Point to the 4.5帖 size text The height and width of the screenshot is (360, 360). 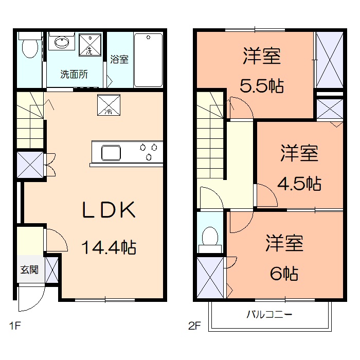(x=300, y=183)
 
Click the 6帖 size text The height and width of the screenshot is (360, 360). (x=284, y=273)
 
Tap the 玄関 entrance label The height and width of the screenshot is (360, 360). (x=29, y=269)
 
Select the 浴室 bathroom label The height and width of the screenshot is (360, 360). (x=119, y=59)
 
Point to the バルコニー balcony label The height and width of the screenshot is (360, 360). (x=269, y=314)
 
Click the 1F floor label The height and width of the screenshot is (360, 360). (x=14, y=326)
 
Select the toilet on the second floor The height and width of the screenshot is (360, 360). (x=210, y=239)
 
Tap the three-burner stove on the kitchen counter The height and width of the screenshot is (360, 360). (x=149, y=153)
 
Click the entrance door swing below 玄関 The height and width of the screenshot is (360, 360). (x=29, y=300)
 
